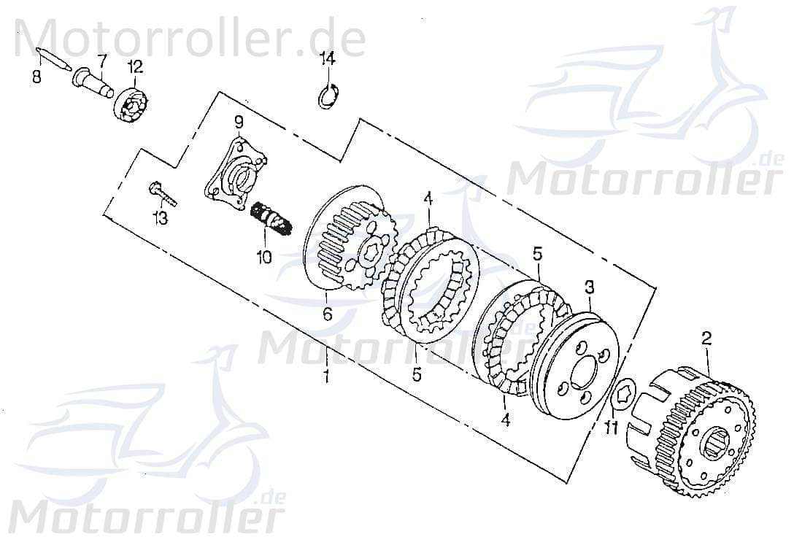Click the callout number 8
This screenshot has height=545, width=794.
tap(36, 76)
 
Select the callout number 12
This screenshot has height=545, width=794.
tap(136, 66)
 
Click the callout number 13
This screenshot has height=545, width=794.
tap(160, 217)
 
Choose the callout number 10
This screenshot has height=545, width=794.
tap(263, 256)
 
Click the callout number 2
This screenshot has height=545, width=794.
tap(706, 338)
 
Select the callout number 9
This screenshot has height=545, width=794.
tap(238, 121)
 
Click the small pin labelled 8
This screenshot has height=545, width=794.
tap(53, 58)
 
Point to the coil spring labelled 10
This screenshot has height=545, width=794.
tap(272, 218)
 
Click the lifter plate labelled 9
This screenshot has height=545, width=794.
tap(235, 172)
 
